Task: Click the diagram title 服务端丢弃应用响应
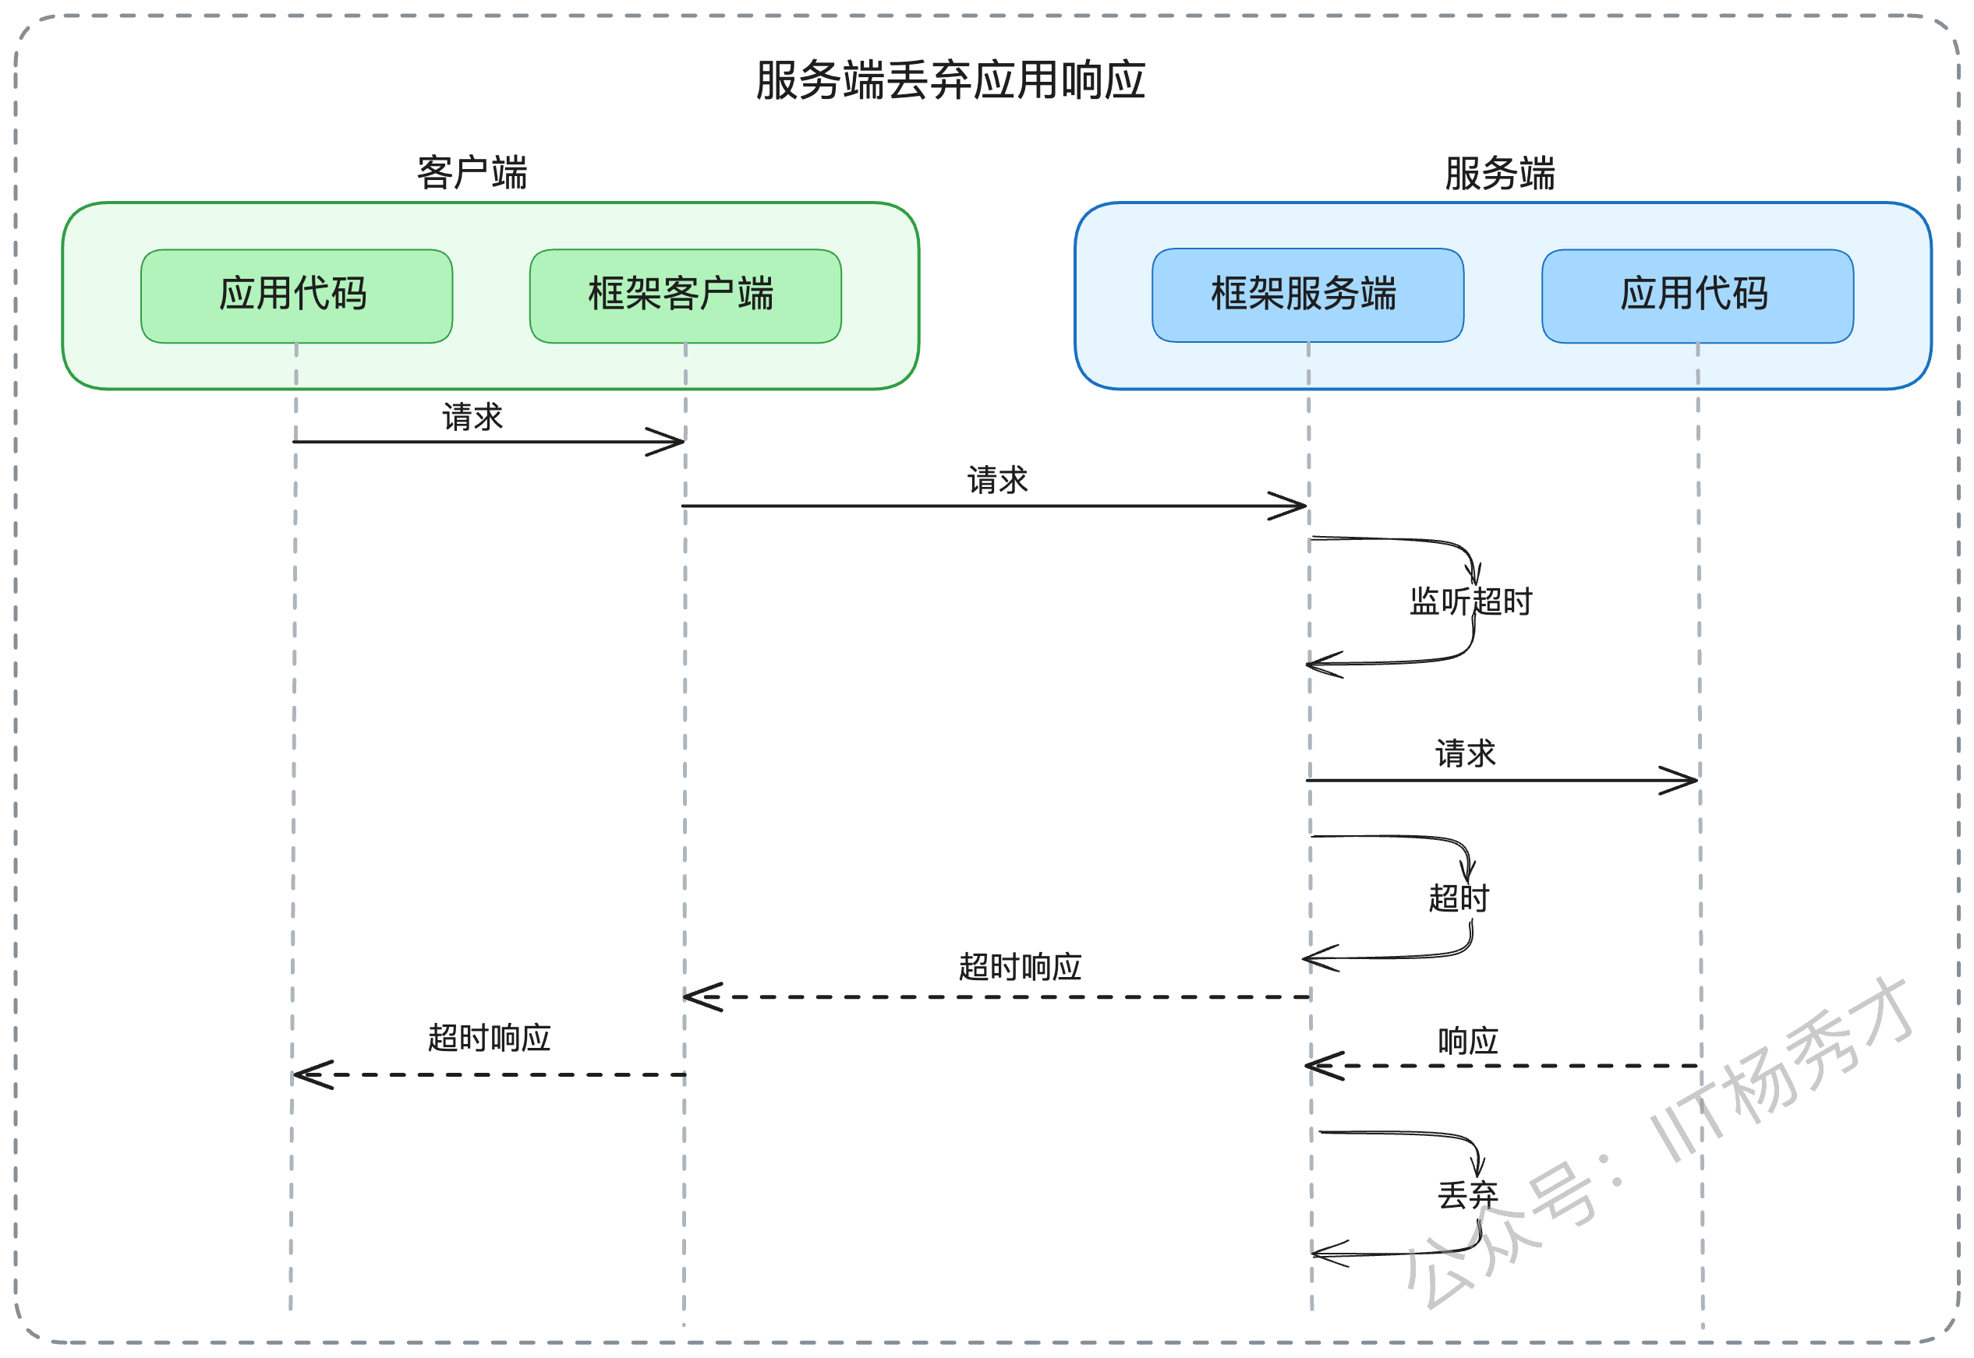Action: click(x=950, y=81)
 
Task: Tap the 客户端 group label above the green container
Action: click(x=472, y=173)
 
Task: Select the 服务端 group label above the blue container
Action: click(x=1499, y=173)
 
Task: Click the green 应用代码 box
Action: click(x=296, y=296)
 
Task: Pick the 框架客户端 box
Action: click(x=685, y=296)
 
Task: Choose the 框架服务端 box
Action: click(x=1307, y=295)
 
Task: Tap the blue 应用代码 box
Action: click(x=1697, y=296)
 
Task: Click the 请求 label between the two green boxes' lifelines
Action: click(x=472, y=417)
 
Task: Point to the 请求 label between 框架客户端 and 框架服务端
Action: click(x=998, y=480)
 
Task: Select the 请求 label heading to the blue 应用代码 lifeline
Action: click(x=1465, y=753)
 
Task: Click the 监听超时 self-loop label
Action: click(x=1470, y=601)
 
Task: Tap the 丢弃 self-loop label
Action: click(x=1467, y=1194)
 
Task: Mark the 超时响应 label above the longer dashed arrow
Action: click(x=1020, y=967)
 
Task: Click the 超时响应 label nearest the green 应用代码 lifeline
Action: click(x=489, y=1038)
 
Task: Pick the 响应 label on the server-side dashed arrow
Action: click(x=1467, y=1041)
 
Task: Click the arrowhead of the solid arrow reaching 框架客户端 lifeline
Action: click(x=683, y=442)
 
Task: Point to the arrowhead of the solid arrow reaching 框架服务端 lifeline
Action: click(x=1304, y=506)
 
